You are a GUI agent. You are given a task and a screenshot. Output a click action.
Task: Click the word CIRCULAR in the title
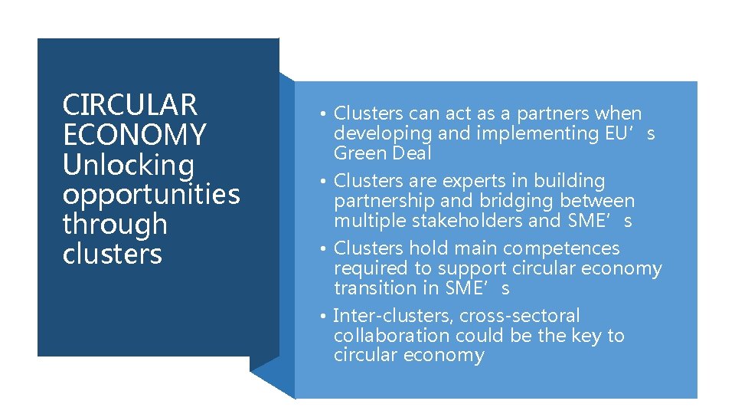130,104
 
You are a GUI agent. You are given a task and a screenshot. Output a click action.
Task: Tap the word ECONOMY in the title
135,135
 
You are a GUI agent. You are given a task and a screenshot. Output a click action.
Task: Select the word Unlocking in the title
129,165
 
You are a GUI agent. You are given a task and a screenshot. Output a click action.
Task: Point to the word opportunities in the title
151,195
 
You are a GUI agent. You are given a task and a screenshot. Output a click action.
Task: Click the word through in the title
115,225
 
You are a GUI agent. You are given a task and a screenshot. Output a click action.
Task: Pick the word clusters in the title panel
113,255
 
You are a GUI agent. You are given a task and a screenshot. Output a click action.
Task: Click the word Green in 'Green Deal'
357,153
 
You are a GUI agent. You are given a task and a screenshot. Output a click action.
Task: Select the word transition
369,288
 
